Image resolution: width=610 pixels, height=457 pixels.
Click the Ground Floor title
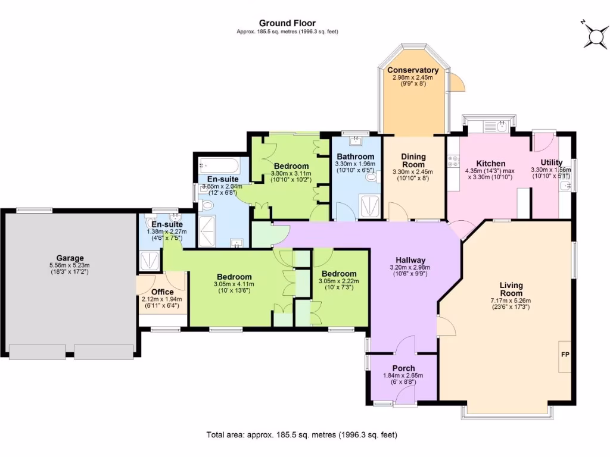287,23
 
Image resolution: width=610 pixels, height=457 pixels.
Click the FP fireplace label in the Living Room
565,354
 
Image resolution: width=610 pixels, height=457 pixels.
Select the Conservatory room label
413,70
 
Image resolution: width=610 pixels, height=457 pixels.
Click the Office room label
162,292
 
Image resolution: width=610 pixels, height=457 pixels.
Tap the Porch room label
403,368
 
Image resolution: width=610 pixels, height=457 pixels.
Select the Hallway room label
407,260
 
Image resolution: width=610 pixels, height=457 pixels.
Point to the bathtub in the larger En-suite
219,164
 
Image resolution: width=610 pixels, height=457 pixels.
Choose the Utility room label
551,162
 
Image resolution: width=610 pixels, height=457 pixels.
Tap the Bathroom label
355,157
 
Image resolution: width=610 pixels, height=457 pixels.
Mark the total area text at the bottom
301,434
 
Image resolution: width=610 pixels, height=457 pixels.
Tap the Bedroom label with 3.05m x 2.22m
337,274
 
